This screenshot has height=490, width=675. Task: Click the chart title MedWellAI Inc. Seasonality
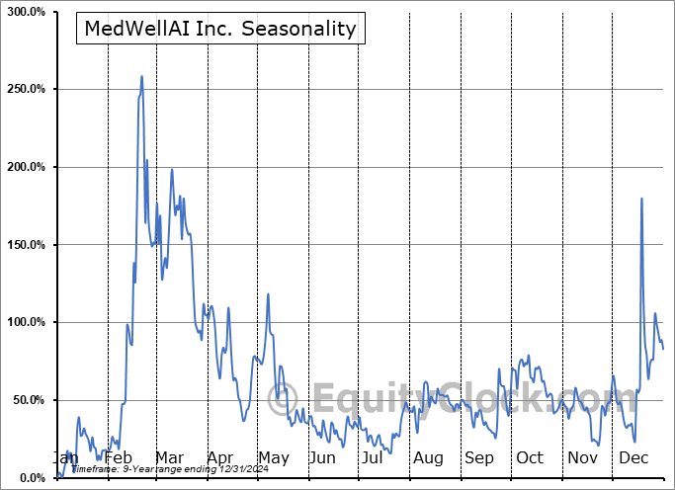[x=220, y=29]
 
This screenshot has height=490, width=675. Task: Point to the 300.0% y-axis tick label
[x=25, y=12]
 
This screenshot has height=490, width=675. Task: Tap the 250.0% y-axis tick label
[x=25, y=89]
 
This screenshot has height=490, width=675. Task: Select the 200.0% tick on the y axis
[x=25, y=167]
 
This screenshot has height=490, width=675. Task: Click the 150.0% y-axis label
[x=25, y=245]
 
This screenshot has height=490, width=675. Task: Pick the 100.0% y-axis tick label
[x=25, y=322]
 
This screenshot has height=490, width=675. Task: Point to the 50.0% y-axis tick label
[x=28, y=400]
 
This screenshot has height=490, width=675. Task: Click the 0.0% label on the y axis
[x=31, y=478]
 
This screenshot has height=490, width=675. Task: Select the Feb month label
[x=118, y=458]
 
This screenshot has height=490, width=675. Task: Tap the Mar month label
[x=170, y=458]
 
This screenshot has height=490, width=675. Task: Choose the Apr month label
[x=221, y=458]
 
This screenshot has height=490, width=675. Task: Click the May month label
[x=273, y=458]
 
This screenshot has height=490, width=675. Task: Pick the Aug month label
[x=429, y=458]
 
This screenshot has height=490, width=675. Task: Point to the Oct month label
[x=530, y=458]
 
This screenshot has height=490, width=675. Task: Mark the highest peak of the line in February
[x=142, y=76]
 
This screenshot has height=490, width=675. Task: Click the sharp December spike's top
[x=641, y=199]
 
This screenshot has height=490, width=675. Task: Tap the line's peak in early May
[x=267, y=295]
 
